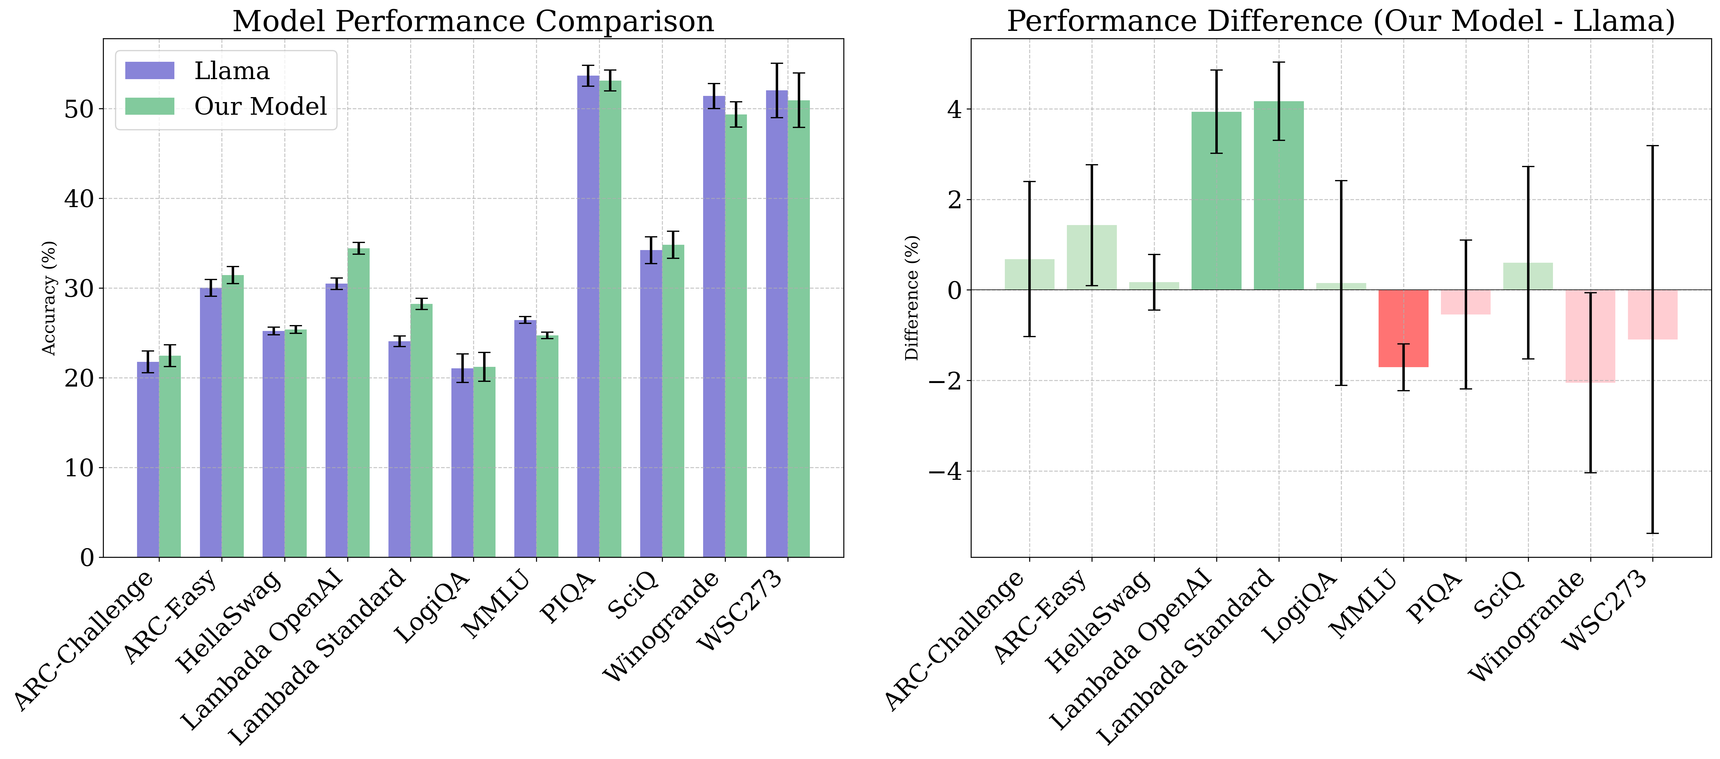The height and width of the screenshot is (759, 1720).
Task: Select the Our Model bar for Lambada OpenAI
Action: [358, 403]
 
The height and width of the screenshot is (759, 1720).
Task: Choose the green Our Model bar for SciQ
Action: [673, 401]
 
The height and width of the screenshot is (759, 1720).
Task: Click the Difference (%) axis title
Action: [912, 298]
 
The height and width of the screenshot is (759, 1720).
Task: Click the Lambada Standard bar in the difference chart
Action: [1279, 196]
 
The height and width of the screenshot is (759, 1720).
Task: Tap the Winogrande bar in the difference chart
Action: [1591, 336]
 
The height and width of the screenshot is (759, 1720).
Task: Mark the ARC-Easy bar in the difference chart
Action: [1092, 257]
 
